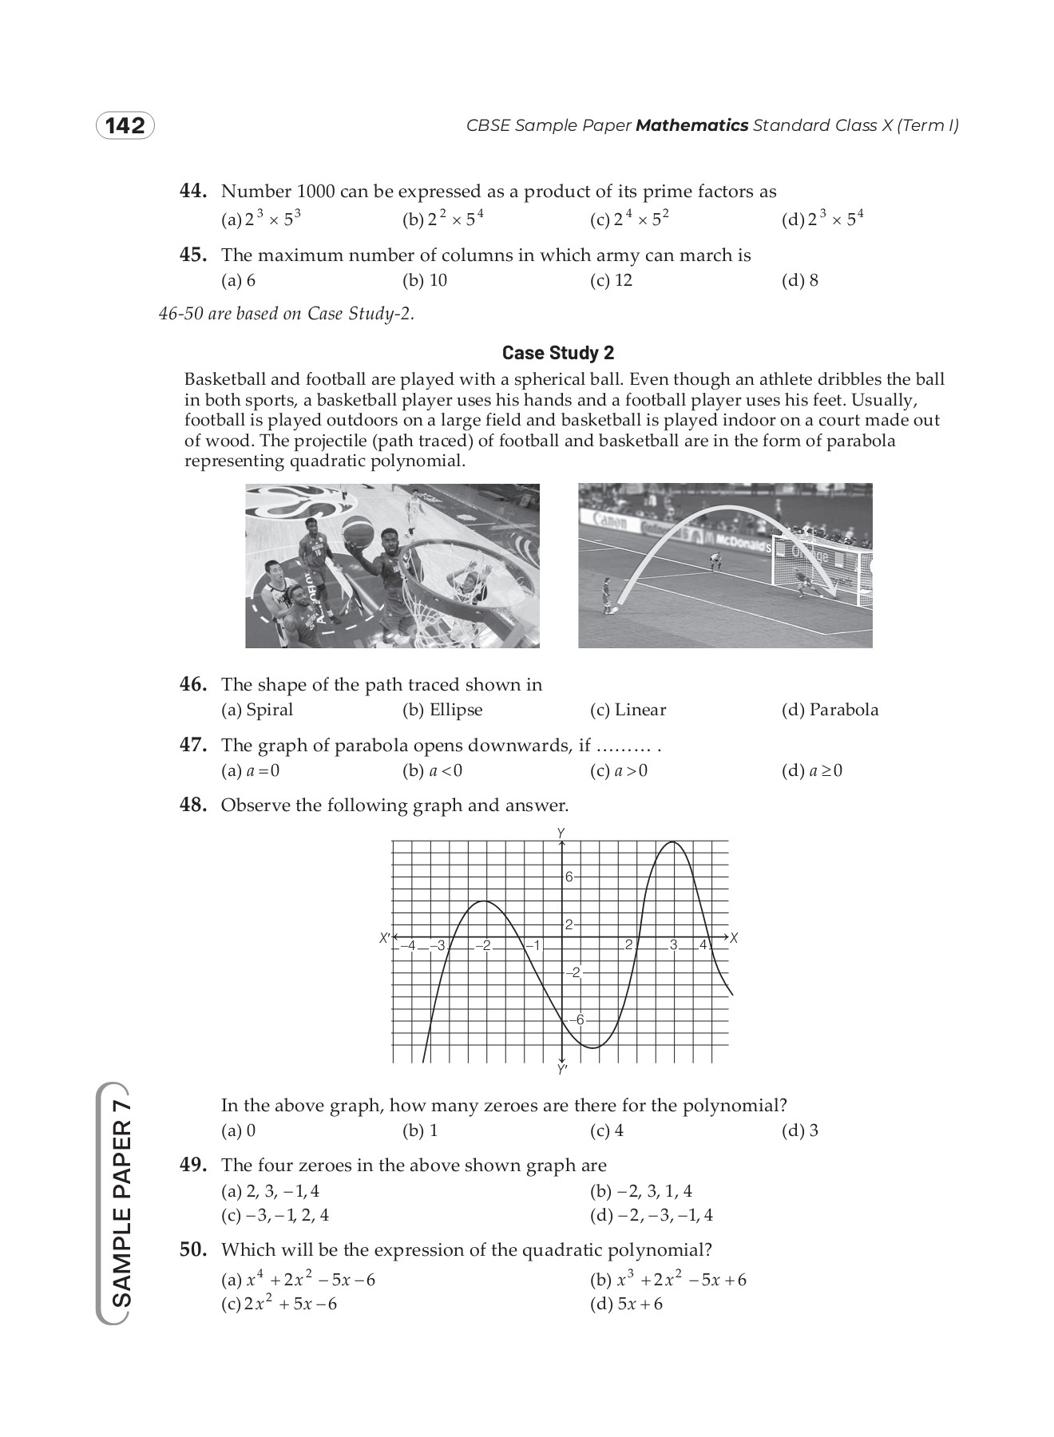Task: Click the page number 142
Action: click(125, 126)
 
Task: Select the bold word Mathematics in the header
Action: click(691, 125)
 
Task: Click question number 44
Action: click(193, 192)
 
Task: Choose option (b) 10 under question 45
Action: click(426, 280)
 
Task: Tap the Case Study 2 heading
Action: click(558, 353)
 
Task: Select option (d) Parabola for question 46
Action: click(830, 710)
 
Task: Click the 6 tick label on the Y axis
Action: click(569, 877)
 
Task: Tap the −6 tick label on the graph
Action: click(577, 1019)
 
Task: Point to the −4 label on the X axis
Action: click(408, 946)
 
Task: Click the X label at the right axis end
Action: click(734, 939)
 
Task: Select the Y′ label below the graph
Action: click(562, 1070)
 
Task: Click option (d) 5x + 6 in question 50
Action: click(626, 1304)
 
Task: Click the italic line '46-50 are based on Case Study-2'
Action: click(287, 314)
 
